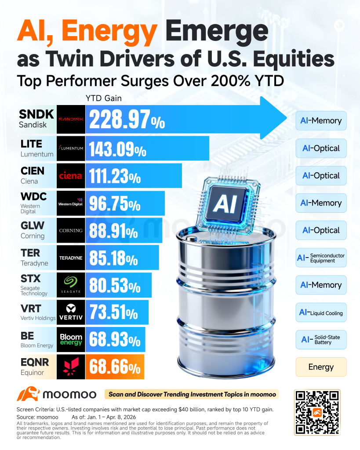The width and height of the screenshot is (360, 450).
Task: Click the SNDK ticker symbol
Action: [36, 114]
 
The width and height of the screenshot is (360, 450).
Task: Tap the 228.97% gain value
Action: [127, 119]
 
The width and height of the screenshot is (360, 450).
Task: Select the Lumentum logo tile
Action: [71, 149]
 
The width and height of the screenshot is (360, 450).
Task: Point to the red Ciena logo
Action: [71, 176]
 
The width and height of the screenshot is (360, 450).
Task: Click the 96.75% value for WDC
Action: [115, 203]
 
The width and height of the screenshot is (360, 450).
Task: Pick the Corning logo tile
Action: [71, 230]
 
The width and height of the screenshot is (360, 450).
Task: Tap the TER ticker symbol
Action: [30, 253]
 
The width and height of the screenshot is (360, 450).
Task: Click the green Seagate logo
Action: [71, 281]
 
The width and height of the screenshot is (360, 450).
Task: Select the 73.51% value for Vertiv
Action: [114, 312]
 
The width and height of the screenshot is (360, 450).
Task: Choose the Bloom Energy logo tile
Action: [71, 340]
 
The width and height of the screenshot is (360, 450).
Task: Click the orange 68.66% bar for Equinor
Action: [115, 367]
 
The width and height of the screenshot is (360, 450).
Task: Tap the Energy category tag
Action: [321, 367]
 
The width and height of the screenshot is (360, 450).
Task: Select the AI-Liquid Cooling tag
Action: [321, 312]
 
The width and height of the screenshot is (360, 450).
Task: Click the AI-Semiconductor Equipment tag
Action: [321, 258]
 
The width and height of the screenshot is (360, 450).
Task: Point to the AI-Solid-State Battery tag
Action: [321, 340]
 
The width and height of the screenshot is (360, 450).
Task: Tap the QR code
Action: [317, 412]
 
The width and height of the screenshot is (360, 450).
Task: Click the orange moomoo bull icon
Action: [28, 394]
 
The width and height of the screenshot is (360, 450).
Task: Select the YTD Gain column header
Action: [104, 98]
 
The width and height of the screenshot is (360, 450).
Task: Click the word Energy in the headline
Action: [109, 32]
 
